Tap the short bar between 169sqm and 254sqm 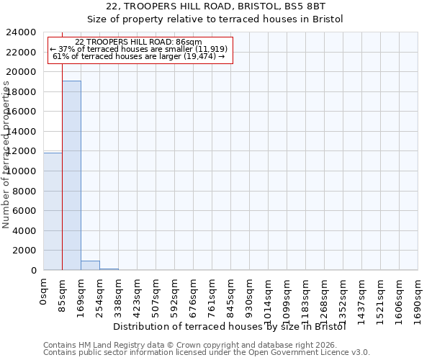pos(90,265)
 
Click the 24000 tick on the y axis pos(22,32)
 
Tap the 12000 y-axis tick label pos(22,151)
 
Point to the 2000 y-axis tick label pos(24,251)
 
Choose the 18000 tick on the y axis pos(22,92)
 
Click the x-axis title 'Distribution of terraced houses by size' pos(230,326)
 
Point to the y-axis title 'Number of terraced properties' pos(7,155)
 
